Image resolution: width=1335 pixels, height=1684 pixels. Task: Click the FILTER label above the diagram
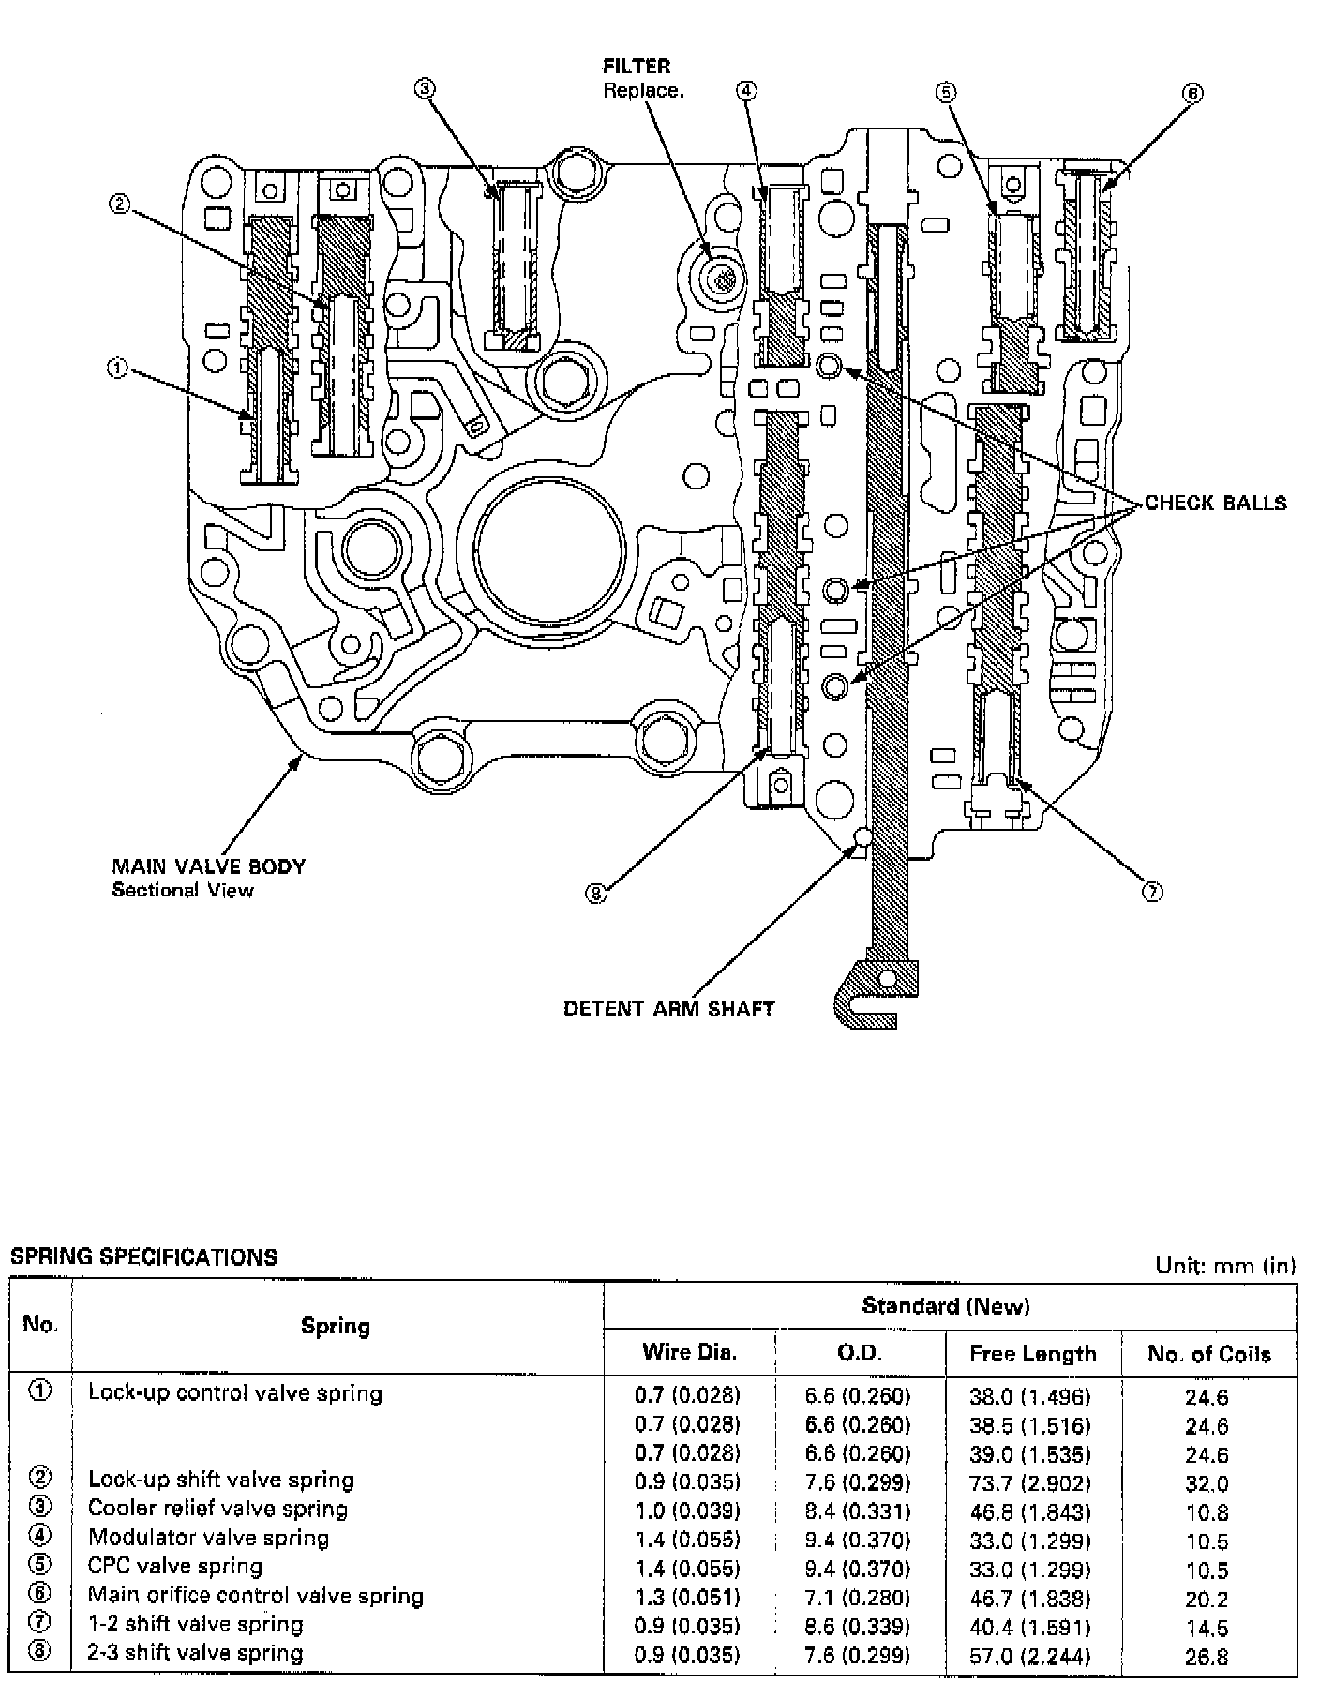point(637,66)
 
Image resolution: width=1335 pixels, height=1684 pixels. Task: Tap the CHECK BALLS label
point(1216,503)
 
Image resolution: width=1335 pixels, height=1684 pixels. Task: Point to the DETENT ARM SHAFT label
point(668,1009)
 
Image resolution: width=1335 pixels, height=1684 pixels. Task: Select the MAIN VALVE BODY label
point(208,866)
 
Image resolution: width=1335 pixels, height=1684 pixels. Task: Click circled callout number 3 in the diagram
point(424,88)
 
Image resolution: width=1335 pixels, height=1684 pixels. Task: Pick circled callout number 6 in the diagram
point(1192,93)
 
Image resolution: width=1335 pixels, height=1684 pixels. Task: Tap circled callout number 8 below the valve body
point(596,894)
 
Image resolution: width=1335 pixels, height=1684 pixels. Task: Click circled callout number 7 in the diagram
point(1152,893)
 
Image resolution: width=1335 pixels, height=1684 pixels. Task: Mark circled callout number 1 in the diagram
point(117,368)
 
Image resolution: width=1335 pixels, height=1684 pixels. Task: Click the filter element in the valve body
point(722,277)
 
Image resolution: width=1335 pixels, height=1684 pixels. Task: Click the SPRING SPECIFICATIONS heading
point(143,1257)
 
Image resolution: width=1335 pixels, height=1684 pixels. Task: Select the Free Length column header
point(1032,1354)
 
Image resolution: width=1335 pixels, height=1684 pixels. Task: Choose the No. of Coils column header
point(1209,1354)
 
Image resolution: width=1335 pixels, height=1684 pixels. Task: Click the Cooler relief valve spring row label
point(217,1509)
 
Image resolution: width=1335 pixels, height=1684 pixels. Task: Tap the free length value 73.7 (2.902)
point(1030,1483)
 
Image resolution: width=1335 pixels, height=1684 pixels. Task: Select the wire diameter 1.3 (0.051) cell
point(687,1598)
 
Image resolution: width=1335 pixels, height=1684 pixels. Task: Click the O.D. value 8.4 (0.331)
point(858,1511)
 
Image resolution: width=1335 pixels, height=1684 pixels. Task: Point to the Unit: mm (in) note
point(1225,1266)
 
